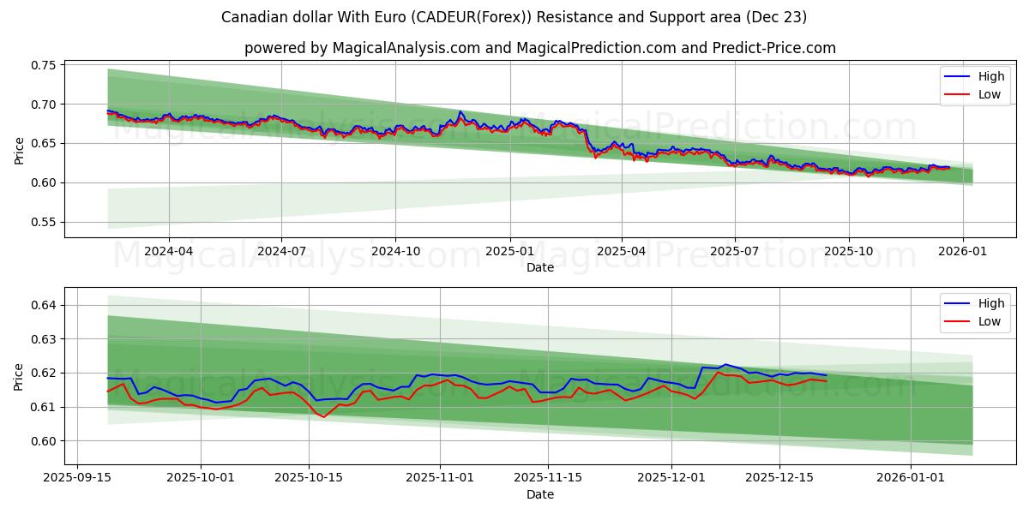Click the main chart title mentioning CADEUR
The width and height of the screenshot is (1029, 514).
514,17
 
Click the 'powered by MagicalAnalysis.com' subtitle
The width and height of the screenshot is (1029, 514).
539,48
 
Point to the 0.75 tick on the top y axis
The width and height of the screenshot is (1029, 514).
44,65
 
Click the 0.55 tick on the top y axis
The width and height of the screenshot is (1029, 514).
44,222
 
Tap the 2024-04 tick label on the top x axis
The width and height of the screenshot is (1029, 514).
169,252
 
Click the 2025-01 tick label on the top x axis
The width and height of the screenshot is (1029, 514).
510,252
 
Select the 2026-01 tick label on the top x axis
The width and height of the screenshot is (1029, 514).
962,252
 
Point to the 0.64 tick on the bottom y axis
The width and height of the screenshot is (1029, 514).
44,305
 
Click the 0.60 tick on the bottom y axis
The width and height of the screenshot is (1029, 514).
44,441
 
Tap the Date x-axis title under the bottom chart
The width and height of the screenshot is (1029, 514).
539,494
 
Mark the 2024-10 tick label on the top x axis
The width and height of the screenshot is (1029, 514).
395,252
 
